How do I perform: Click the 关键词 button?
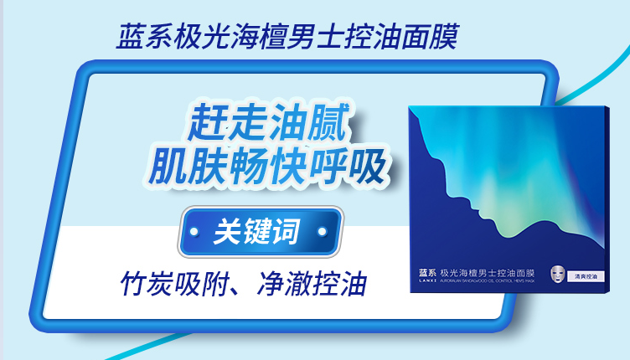(256, 231)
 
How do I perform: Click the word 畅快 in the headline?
(268, 166)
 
